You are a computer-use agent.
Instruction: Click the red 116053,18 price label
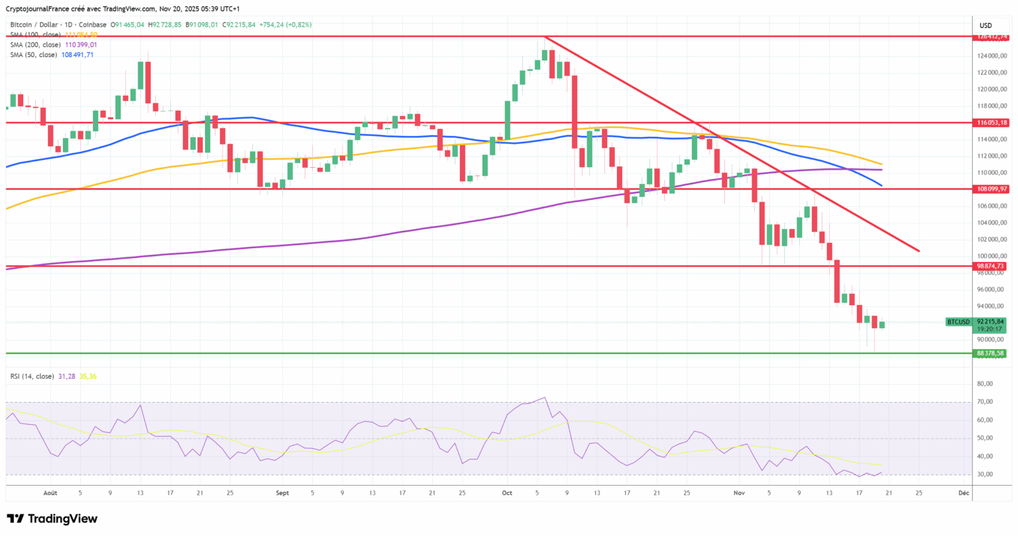click(990, 123)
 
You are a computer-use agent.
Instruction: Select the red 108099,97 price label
click(990, 189)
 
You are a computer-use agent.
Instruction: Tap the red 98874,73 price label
click(990, 266)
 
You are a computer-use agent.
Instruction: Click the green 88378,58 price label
click(990, 354)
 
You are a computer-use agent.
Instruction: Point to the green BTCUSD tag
click(958, 322)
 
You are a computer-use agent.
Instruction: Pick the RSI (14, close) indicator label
click(32, 376)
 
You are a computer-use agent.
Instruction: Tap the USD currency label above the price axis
click(986, 26)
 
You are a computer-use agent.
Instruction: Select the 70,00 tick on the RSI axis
click(985, 402)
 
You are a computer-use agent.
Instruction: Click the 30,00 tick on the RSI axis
click(985, 474)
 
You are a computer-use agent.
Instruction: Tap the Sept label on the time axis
click(282, 493)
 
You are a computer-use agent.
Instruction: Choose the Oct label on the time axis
click(507, 493)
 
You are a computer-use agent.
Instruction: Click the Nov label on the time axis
click(739, 493)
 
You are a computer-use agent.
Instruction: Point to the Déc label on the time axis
click(964, 493)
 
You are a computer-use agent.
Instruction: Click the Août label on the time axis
click(50, 493)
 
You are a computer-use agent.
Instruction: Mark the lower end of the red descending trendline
click(919, 251)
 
